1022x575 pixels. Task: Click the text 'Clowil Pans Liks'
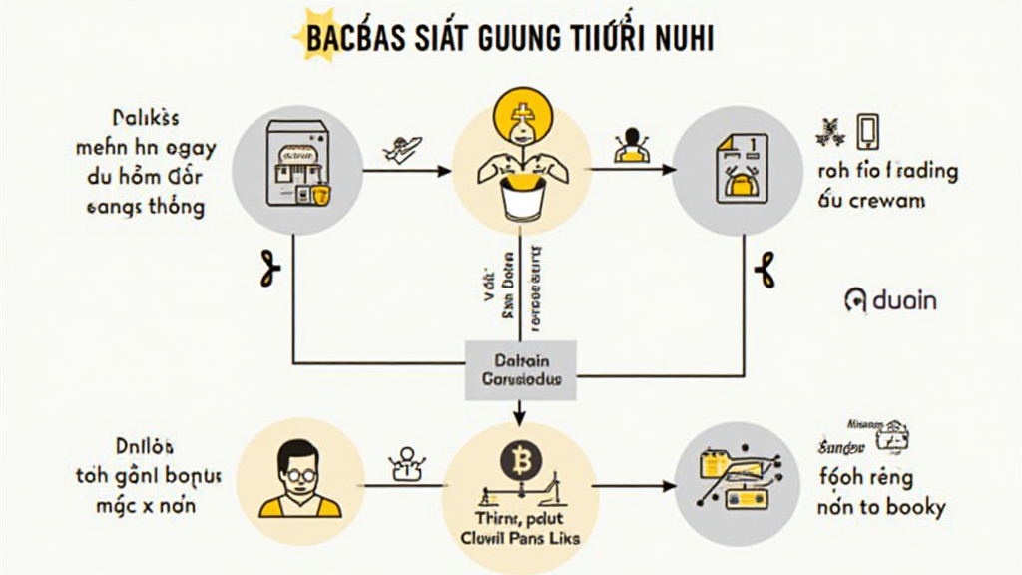coord(519,538)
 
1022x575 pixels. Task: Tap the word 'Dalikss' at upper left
coord(147,118)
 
